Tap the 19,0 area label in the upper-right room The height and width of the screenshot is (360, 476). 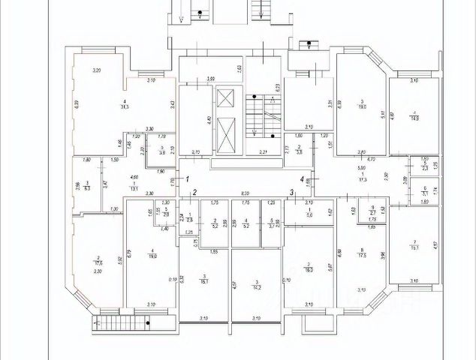point(362,107)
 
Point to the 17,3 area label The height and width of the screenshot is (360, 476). point(364,181)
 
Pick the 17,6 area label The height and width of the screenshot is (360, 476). point(98,262)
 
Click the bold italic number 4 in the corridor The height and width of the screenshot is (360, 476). point(302,179)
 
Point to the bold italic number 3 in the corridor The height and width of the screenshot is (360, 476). point(291,193)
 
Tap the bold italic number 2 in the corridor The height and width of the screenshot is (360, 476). point(193,193)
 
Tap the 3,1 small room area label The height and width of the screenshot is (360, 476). point(425,193)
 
